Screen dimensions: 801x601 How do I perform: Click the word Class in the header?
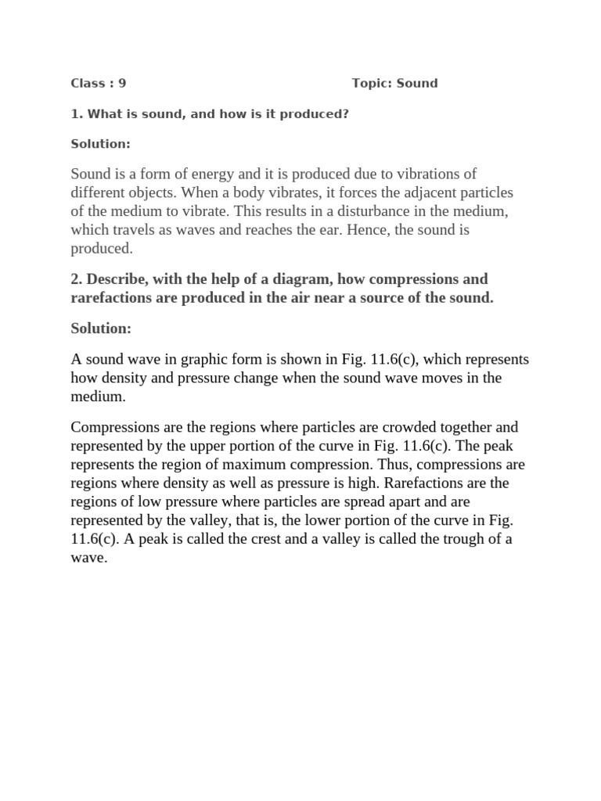click(x=86, y=83)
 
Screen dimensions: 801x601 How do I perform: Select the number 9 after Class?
click(x=122, y=83)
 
